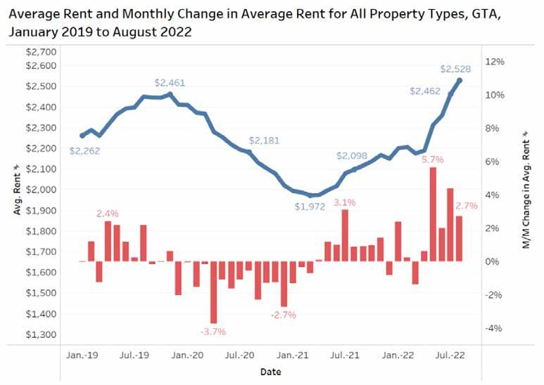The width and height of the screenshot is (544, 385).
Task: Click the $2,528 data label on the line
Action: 456,69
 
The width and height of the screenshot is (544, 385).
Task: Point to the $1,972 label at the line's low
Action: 311,207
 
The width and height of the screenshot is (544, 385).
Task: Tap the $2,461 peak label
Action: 170,83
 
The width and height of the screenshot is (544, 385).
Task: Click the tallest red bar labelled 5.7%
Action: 433,214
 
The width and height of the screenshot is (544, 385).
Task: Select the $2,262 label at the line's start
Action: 84,150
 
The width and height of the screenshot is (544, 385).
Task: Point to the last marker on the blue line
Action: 460,80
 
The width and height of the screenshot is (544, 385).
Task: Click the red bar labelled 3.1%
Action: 345,235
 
